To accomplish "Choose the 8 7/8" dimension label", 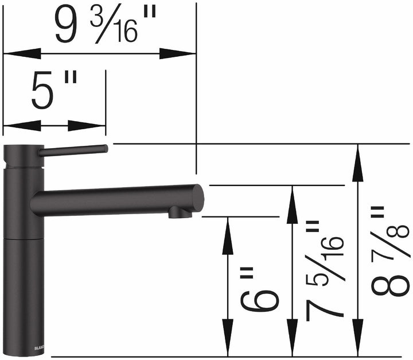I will [390, 253].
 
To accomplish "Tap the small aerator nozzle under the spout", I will [179, 214].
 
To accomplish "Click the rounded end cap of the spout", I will [197, 198].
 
